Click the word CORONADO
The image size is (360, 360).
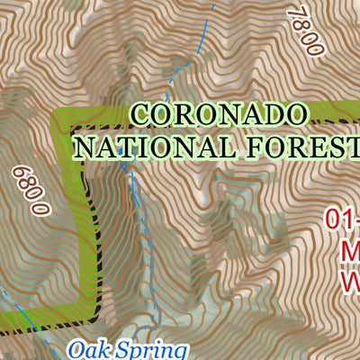click(x=220, y=114)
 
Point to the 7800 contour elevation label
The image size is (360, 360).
click(x=304, y=30)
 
